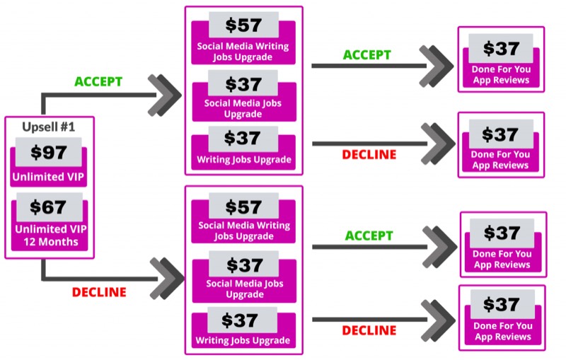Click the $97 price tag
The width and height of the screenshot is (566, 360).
[x=49, y=152]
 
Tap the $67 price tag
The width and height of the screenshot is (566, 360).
[x=48, y=207]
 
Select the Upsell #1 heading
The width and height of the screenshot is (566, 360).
[x=48, y=127]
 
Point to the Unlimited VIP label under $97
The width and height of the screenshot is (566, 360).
[x=48, y=177]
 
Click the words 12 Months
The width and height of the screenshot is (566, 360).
[x=51, y=242]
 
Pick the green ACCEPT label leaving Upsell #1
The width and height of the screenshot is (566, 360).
[x=98, y=81]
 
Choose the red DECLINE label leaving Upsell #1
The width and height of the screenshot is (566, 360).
[x=99, y=292]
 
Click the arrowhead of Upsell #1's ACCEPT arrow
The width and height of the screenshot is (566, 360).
[x=165, y=95]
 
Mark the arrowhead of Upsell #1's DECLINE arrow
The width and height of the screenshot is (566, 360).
[x=167, y=279]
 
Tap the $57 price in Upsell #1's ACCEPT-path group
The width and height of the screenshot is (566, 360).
[x=243, y=25]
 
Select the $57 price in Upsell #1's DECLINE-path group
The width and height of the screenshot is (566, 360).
[x=243, y=207]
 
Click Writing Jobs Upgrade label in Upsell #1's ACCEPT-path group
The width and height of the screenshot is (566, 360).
[x=244, y=160]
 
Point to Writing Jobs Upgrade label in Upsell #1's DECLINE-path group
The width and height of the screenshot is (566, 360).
[x=243, y=340]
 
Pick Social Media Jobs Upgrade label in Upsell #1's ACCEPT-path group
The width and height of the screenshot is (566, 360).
[x=243, y=109]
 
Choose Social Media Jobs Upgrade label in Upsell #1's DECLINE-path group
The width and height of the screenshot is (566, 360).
[x=245, y=289]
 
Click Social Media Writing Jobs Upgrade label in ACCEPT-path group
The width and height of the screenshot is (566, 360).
[x=243, y=52]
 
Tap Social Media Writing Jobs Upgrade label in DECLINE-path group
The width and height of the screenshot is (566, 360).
[x=244, y=231]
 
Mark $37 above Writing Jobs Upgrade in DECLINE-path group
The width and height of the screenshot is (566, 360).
[x=240, y=320]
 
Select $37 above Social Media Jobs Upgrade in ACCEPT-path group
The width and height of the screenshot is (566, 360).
[x=243, y=84]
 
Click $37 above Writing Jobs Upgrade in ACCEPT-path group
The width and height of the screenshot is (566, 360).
[x=242, y=138]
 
